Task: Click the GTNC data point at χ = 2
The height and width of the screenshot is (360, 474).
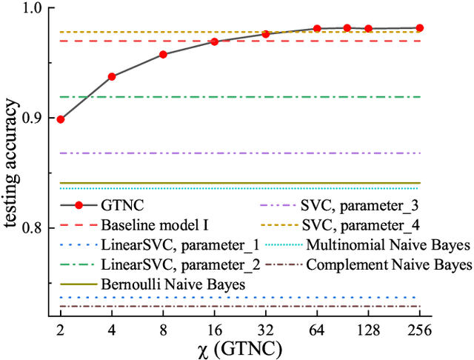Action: click(x=61, y=119)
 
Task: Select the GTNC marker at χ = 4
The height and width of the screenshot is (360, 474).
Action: click(x=112, y=76)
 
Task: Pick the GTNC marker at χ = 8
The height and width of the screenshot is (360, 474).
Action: click(x=163, y=55)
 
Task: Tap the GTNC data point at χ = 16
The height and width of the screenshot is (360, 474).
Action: click(x=214, y=41)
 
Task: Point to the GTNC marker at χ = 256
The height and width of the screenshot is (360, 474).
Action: click(x=419, y=27)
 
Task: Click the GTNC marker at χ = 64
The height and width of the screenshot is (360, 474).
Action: click(x=317, y=28)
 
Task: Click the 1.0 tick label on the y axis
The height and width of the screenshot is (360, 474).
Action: click(x=33, y=10)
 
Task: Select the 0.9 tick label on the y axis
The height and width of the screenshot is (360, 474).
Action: click(x=33, y=119)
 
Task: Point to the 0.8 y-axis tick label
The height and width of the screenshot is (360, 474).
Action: click(x=33, y=228)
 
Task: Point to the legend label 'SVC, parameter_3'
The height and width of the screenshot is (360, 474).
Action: click(x=352, y=204)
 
